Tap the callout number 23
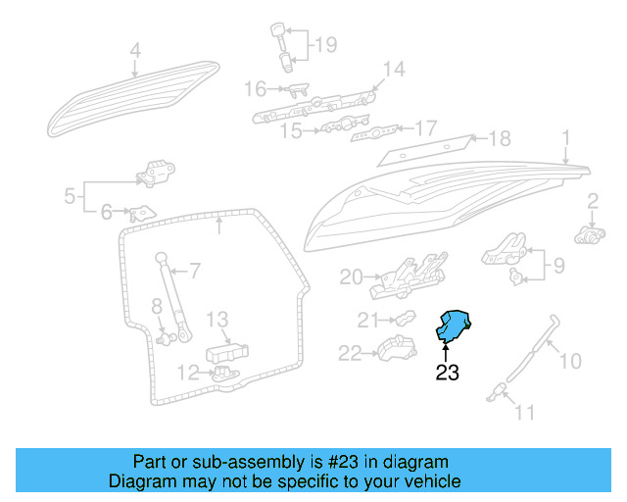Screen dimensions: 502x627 pyautogui.click(x=447, y=373)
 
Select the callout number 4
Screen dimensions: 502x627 pyautogui.click(x=135, y=50)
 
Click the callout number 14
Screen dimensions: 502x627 pyautogui.click(x=393, y=69)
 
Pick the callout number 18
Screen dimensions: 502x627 pyautogui.click(x=500, y=138)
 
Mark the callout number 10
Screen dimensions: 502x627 pyautogui.click(x=569, y=361)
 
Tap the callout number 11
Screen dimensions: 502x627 pyautogui.click(x=525, y=413)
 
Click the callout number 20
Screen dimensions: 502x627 pyautogui.click(x=352, y=277)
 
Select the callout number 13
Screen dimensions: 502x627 pyautogui.click(x=217, y=319)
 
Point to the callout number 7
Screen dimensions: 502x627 pyautogui.click(x=194, y=270)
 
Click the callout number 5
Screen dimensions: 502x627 pyautogui.click(x=71, y=196)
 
